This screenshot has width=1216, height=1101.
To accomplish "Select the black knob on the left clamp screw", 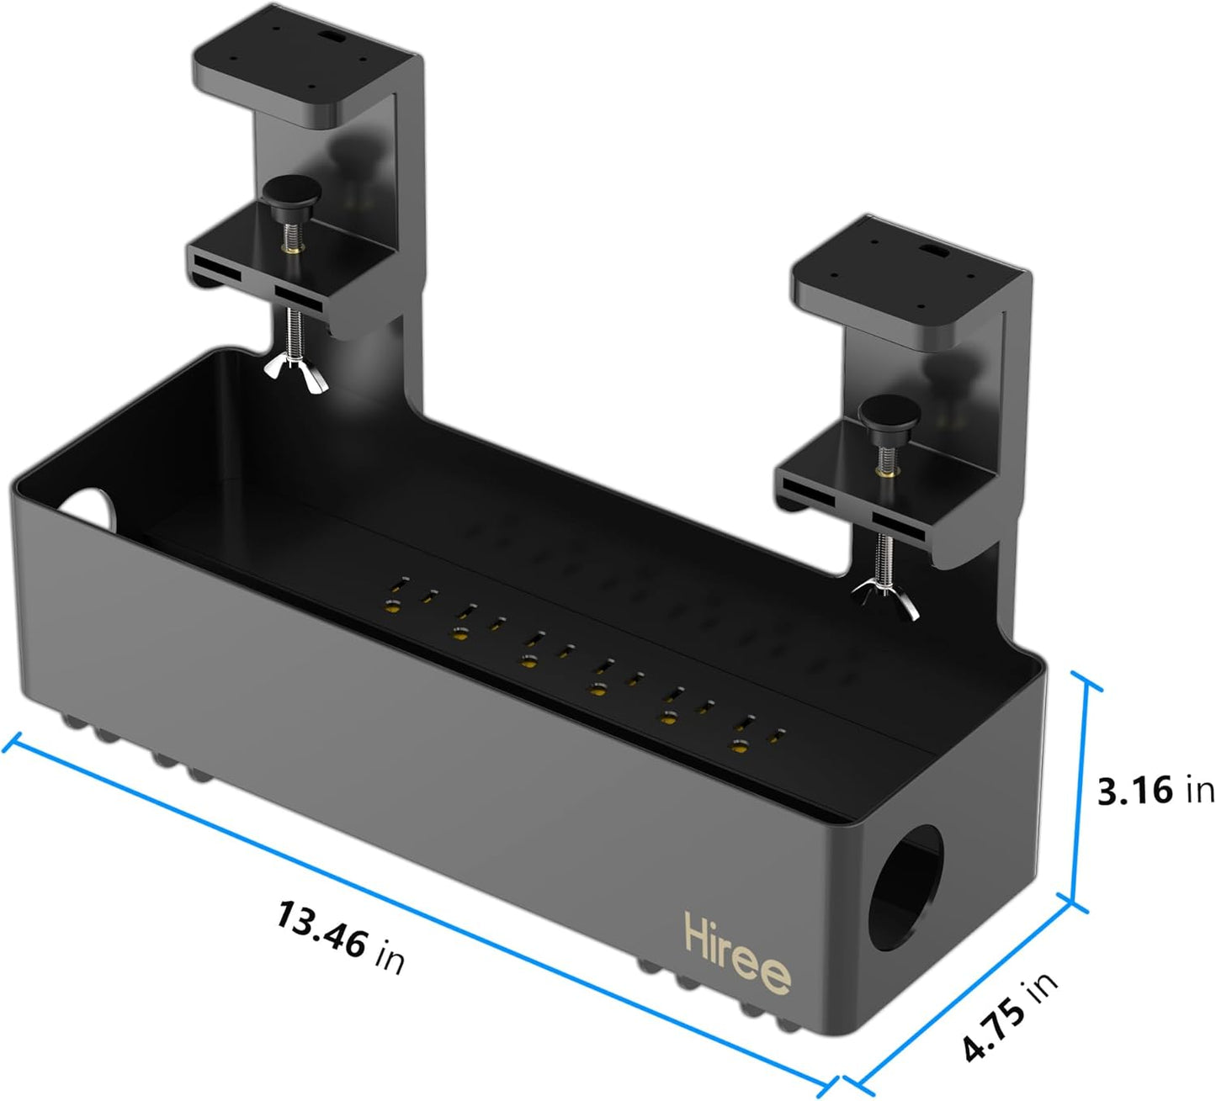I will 288,193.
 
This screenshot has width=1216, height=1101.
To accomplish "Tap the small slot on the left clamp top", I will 331,39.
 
